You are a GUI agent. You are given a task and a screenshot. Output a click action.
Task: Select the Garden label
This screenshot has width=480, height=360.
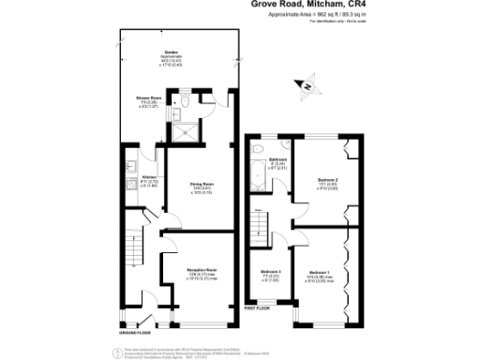click(x=172, y=55)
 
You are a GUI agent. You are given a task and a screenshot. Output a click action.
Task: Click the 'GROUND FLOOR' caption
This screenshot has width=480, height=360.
click(x=136, y=332)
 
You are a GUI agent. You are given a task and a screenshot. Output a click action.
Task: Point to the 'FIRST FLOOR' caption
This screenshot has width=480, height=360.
click(x=260, y=307)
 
